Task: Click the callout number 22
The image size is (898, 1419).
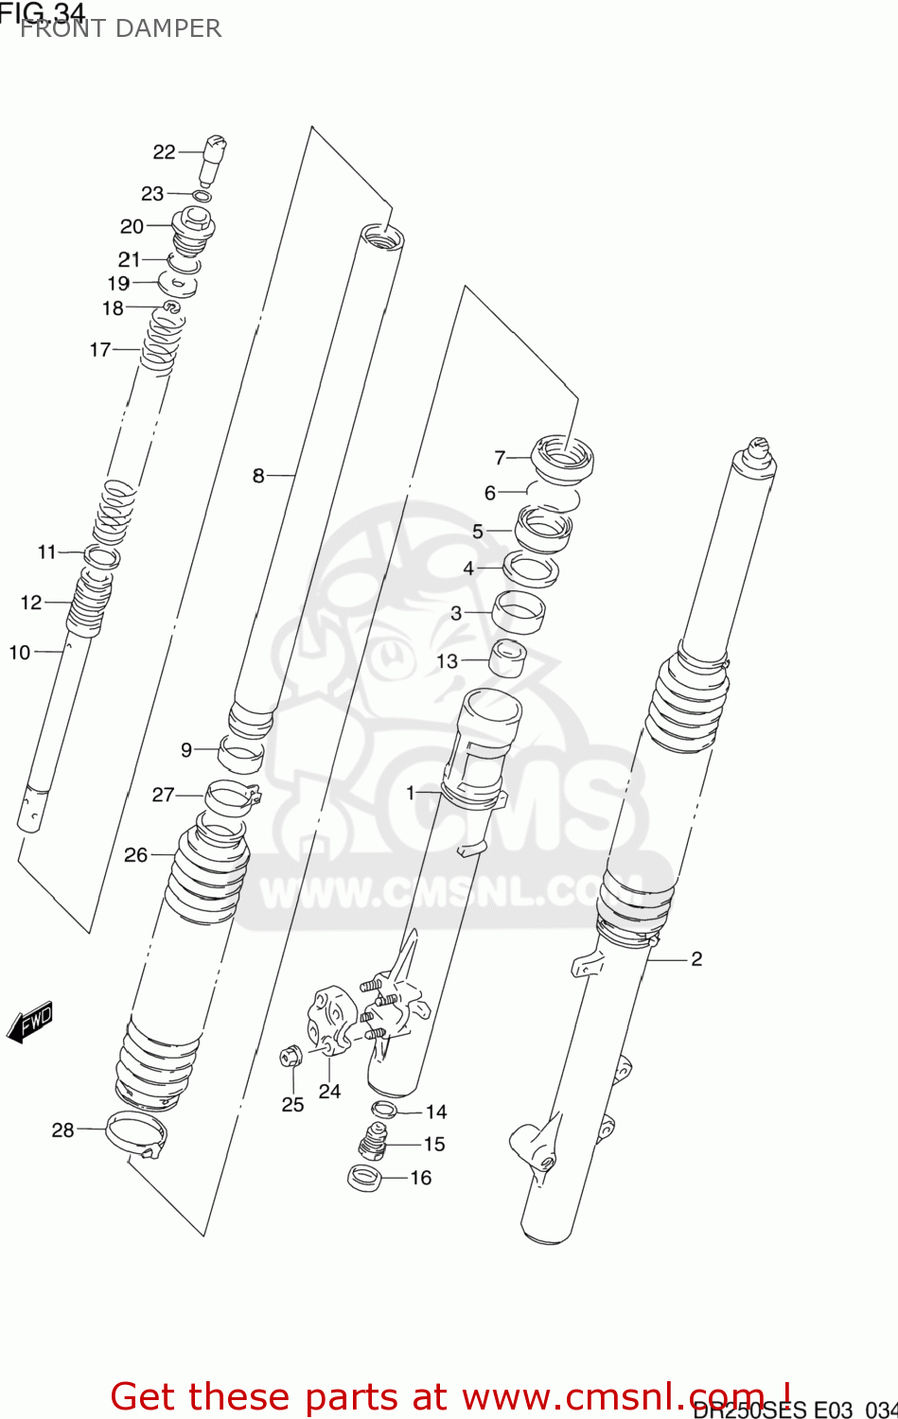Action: [164, 151]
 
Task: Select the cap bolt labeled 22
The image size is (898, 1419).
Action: [213, 157]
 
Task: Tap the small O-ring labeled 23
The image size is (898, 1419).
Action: [201, 197]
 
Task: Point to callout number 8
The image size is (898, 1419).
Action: [258, 475]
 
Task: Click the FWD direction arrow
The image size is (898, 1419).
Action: [30, 1023]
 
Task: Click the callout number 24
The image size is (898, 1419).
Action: [329, 1091]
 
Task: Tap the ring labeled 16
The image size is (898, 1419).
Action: [364, 1178]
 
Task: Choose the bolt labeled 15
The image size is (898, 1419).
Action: [375, 1141]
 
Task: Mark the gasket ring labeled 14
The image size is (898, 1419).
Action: [383, 1110]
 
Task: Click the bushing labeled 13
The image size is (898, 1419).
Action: [507, 657]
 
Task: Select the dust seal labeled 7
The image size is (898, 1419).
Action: [563, 456]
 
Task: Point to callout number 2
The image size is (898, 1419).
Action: [696, 958]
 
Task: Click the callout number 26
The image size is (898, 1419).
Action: [135, 854]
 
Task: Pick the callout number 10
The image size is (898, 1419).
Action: [20, 652]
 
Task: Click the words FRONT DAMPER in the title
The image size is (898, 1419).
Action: [120, 28]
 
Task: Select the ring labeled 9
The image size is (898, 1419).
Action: [240, 753]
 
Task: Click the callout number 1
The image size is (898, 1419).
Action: [410, 792]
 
